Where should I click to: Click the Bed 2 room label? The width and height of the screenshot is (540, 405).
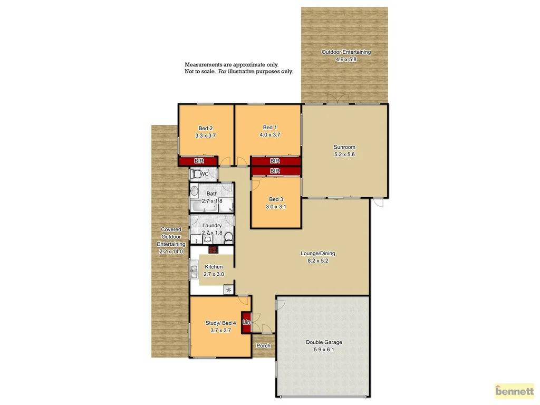click(205, 128)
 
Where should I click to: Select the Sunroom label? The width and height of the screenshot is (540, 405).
click(344, 147)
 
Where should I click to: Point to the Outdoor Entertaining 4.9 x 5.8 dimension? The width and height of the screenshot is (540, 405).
click(346, 60)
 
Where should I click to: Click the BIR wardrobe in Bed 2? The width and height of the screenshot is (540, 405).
click(199, 161)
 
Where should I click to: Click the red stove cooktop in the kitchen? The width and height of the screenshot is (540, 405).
click(213, 250)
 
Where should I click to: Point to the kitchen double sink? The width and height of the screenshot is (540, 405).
click(194, 271)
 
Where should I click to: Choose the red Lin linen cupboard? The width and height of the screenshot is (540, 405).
click(246, 322)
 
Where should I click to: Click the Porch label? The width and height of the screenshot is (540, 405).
click(263, 346)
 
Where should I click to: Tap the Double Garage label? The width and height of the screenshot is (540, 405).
click(323, 342)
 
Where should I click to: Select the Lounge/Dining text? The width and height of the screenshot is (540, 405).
click(317, 254)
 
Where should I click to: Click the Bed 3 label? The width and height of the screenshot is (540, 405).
click(276, 199)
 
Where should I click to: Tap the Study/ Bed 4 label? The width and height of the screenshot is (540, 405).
click(220, 323)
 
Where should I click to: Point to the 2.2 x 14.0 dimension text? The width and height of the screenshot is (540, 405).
click(171, 252)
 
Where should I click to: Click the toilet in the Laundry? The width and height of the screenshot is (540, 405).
click(228, 238)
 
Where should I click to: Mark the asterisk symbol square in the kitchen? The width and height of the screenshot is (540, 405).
click(228, 290)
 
